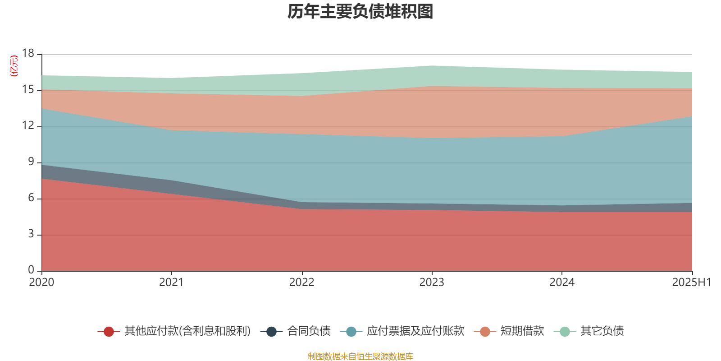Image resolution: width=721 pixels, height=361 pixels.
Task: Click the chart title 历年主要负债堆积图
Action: (360, 12)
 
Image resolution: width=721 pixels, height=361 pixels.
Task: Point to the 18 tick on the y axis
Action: (28, 54)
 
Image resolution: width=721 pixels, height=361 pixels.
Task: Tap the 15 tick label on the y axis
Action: (28, 90)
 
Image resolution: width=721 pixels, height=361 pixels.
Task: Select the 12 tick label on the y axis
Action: (28, 126)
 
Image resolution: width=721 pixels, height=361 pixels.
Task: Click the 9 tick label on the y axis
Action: (31, 162)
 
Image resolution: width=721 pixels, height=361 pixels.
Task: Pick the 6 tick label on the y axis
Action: (31, 198)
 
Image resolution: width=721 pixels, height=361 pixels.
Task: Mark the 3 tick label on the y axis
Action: (31, 234)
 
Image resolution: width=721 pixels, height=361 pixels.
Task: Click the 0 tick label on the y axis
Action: (31, 270)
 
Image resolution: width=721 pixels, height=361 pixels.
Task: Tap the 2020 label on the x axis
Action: (41, 282)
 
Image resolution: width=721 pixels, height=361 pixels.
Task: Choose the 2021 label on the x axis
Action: (172, 282)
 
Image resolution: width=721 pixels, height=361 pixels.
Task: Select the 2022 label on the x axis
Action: (301, 282)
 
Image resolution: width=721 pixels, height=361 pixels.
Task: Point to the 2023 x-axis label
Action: (432, 282)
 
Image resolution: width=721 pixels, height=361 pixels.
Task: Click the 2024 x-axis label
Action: (562, 282)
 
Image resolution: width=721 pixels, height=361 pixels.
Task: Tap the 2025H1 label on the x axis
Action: (691, 282)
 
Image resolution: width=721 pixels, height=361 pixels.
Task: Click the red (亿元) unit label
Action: (14, 66)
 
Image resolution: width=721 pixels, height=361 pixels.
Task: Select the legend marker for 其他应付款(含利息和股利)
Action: (109, 332)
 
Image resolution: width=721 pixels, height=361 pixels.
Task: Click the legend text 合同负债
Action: (309, 331)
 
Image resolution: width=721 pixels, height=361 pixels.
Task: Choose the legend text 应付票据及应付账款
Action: (415, 331)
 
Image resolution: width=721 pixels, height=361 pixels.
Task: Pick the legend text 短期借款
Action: (522, 331)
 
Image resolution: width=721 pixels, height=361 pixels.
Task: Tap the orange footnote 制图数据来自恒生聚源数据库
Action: (360, 356)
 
